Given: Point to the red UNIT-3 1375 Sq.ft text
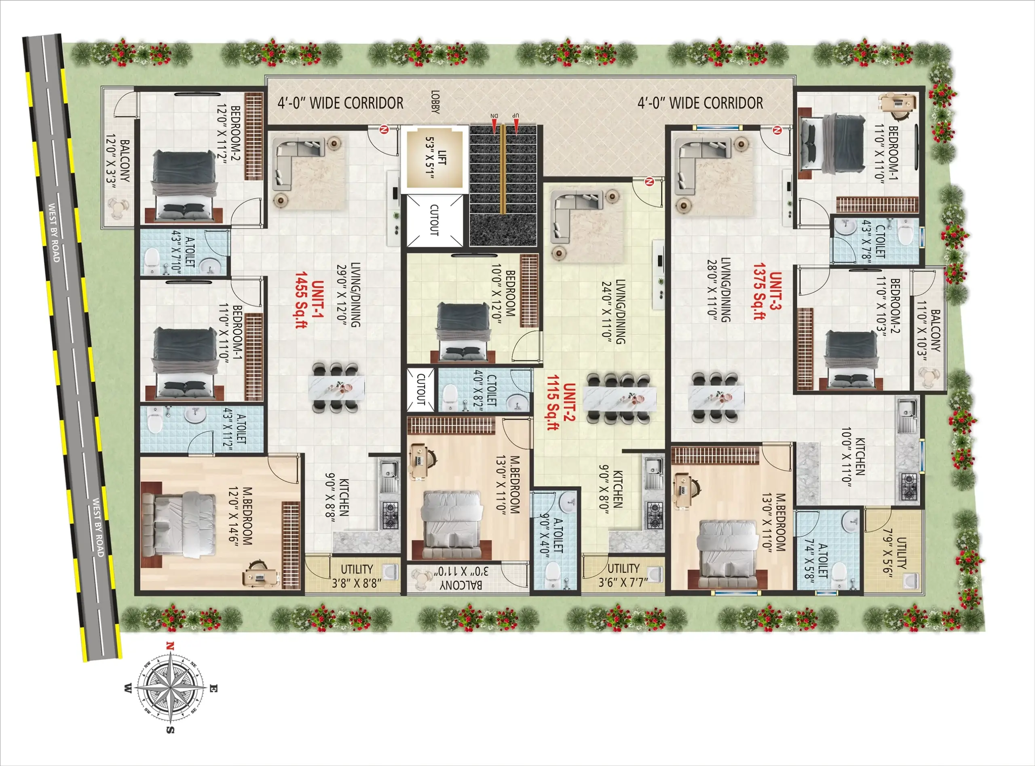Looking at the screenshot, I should coord(767,296).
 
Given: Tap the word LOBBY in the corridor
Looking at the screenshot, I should coord(435,102).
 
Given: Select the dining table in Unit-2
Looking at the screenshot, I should coord(619,399).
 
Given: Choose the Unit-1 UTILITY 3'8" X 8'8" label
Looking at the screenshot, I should coord(357,576).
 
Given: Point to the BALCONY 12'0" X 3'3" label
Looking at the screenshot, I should coord(118,160).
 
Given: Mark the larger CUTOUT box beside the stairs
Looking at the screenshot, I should coord(434,220).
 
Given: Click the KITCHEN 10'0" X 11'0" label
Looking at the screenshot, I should coord(853,457).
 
